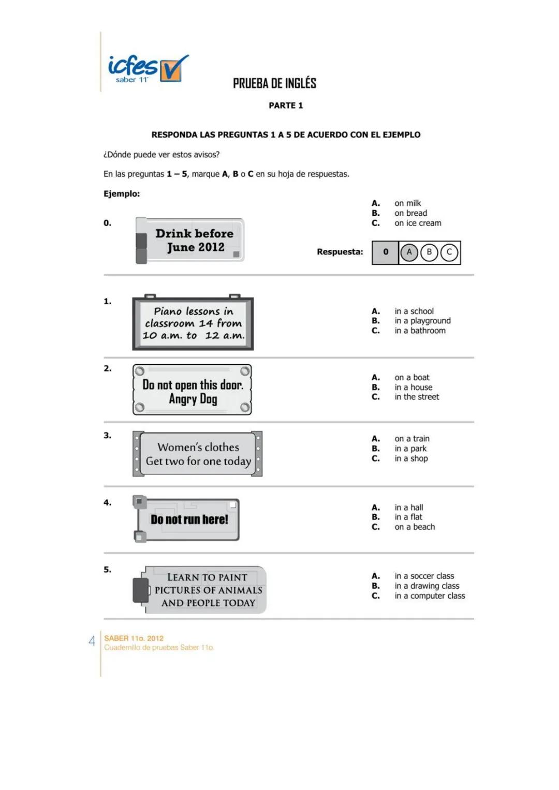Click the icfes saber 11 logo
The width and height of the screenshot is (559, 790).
[147, 69]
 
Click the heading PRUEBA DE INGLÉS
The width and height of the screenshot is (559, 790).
[274, 83]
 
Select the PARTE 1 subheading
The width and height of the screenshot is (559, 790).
[286, 106]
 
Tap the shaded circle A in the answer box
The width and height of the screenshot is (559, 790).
[409, 252]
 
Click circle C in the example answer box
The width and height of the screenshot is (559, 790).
[449, 252]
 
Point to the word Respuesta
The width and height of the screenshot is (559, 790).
[340, 252]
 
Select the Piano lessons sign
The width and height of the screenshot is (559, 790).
[193, 323]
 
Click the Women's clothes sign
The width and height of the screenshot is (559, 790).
[198, 454]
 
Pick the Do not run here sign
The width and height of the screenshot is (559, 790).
[188, 519]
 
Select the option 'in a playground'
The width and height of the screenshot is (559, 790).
[422, 321]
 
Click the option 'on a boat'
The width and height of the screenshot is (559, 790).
[411, 378]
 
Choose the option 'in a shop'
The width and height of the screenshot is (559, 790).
[411, 458]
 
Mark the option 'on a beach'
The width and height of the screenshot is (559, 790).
[414, 527]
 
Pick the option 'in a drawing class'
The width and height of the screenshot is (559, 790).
[426, 586]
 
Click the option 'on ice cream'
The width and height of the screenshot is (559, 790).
[418, 223]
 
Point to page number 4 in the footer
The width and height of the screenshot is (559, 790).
[92, 641]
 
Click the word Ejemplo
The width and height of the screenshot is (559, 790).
[122, 194]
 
